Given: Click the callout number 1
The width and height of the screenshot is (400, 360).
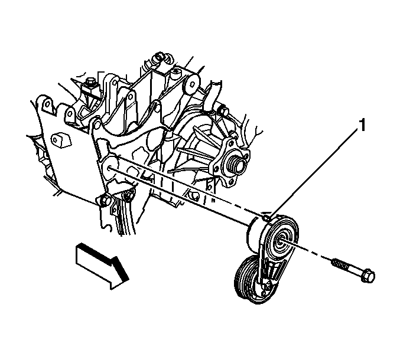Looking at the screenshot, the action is click(x=362, y=125).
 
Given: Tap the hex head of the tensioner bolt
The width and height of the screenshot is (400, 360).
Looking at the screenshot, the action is click(x=368, y=276).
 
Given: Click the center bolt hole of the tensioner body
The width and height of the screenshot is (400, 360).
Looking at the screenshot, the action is click(x=280, y=240).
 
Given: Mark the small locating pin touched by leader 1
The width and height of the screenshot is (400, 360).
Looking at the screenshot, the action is click(x=266, y=218).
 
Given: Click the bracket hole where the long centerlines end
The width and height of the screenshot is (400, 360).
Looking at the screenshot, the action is click(x=110, y=168).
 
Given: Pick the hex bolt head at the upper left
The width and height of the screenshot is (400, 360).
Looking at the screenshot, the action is click(x=90, y=82).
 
